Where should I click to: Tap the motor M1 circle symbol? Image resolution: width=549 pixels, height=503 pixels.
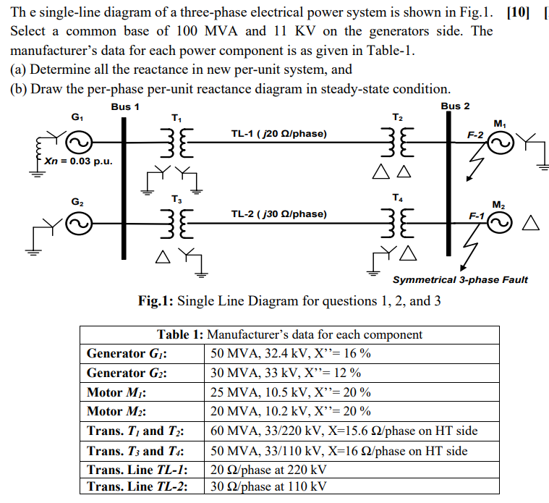click(500, 145)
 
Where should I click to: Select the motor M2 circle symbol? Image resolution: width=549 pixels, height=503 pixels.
click(499, 224)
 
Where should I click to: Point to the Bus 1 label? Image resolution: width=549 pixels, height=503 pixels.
click(125, 106)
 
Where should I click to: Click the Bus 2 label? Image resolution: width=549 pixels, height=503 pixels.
click(455, 106)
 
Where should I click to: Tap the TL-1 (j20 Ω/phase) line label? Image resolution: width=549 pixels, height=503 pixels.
click(278, 134)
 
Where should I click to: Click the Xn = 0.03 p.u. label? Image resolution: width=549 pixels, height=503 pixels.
click(78, 161)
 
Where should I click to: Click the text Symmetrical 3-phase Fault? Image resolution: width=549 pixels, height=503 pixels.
click(460, 279)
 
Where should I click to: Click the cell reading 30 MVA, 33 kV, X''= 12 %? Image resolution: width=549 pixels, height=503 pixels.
click(286, 373)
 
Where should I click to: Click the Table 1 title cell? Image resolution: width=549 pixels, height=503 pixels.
click(289, 334)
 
